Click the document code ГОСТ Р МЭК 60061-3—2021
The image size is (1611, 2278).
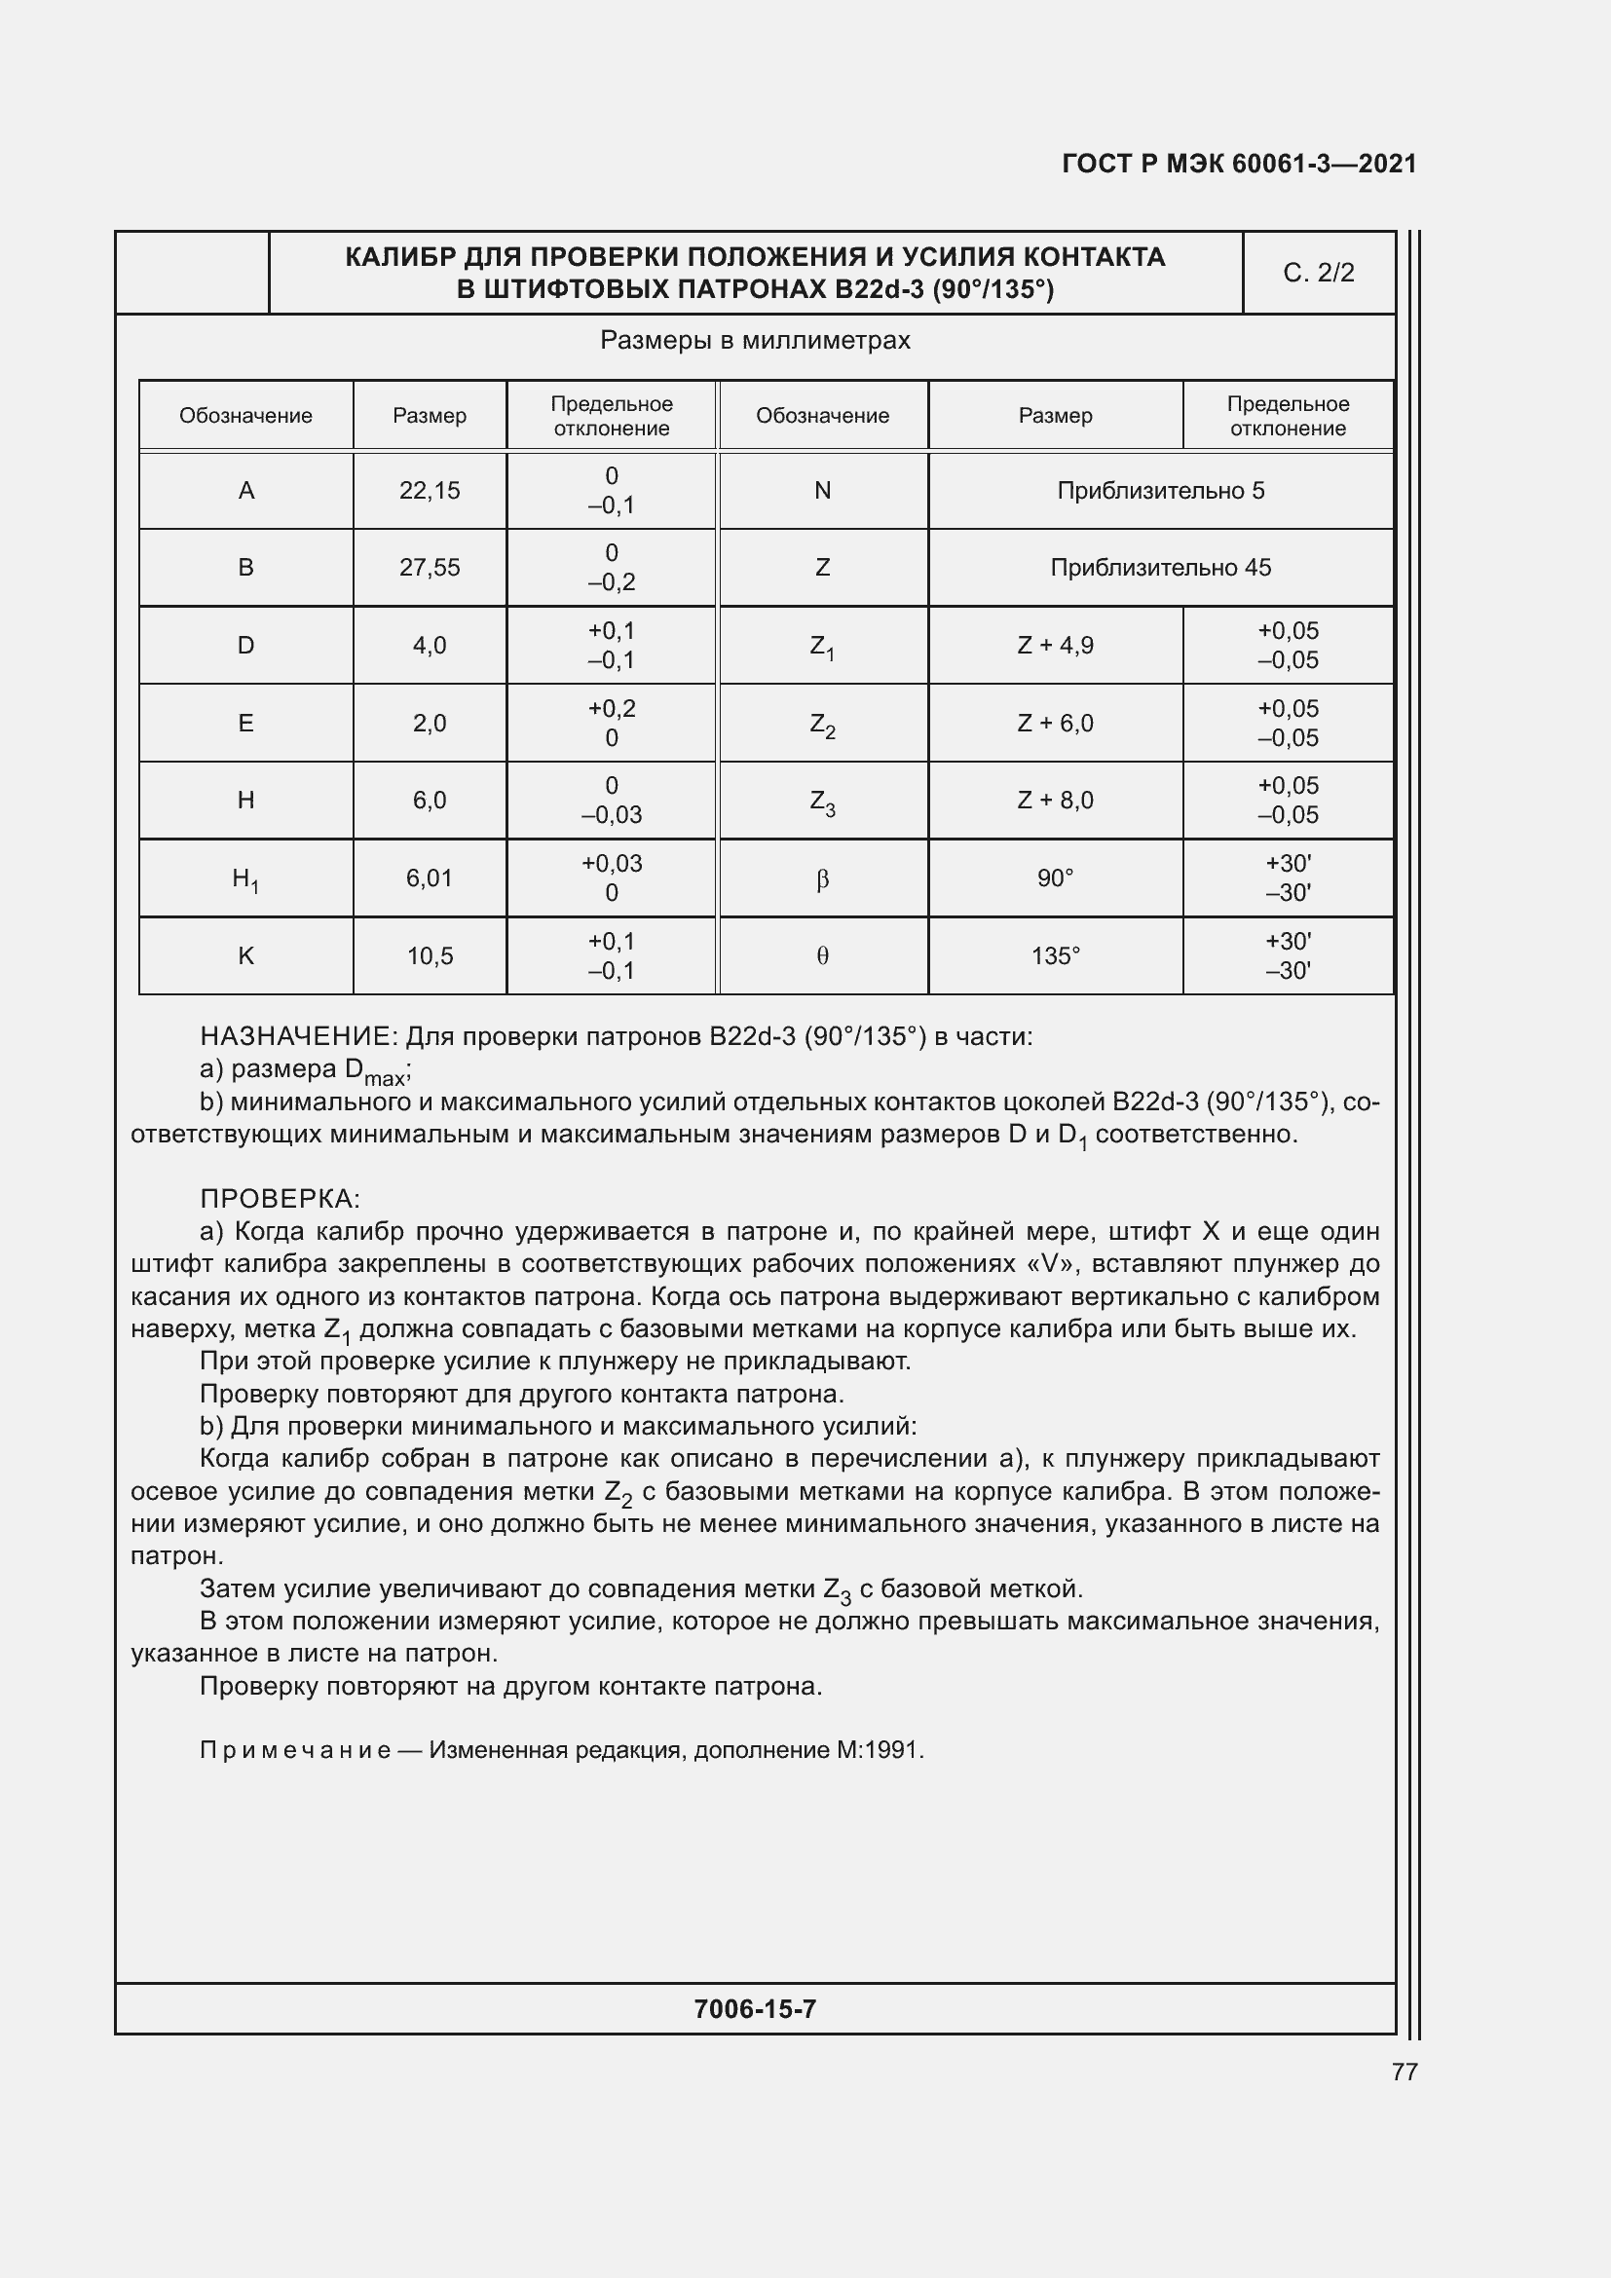pos(1239,164)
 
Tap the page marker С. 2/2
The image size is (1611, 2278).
pos(1319,273)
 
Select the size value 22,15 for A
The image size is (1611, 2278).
pos(430,490)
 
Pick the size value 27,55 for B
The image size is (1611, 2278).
pos(430,568)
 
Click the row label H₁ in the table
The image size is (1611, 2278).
pos(245,879)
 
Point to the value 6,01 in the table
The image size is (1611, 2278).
pos(430,878)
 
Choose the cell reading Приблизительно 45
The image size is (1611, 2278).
pos(1161,568)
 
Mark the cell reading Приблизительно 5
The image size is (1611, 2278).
pos(1161,490)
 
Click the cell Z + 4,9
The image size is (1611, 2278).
pos(1056,646)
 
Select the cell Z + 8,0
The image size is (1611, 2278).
pos(1056,801)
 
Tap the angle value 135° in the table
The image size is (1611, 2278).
pos(1056,955)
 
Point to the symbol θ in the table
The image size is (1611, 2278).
pos(822,956)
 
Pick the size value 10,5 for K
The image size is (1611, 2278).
pos(430,955)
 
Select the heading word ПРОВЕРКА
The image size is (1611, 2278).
pos(279,1199)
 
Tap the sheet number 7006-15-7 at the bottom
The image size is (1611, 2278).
pos(755,2009)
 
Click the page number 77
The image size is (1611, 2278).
pos(1405,2072)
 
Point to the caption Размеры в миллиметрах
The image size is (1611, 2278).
pos(755,340)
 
